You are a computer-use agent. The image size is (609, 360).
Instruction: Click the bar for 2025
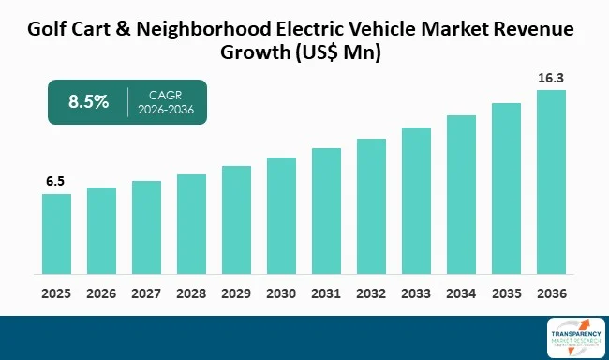tap(56, 233)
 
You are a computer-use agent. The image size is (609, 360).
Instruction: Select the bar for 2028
tap(191, 224)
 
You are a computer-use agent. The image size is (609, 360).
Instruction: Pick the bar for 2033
tap(416, 201)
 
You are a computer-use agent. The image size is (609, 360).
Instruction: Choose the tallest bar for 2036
tap(551, 182)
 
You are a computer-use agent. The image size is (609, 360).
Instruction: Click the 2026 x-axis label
tap(101, 292)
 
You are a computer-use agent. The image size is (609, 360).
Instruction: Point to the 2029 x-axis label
tap(236, 292)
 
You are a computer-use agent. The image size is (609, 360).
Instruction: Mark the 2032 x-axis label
tap(371, 292)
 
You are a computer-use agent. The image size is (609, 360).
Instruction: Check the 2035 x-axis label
tap(506, 292)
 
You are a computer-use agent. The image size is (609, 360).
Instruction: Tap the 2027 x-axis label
tap(146, 292)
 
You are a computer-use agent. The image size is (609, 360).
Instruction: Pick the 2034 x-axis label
tap(461, 292)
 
